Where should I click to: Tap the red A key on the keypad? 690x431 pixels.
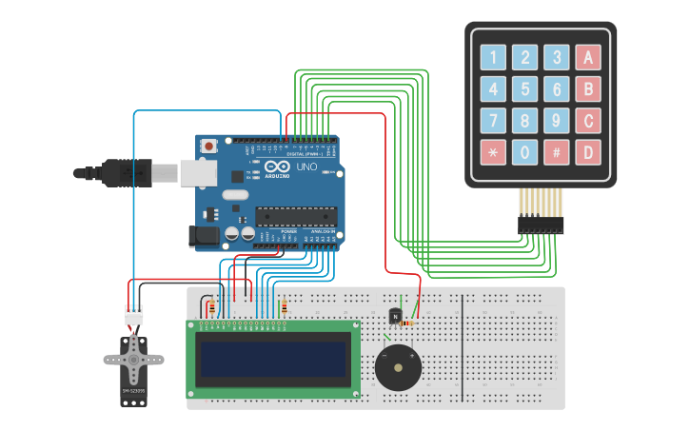pos(588,58)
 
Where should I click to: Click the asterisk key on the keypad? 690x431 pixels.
pos(493,152)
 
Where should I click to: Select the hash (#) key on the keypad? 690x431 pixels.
pos(557,152)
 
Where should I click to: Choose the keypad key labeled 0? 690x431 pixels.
pos(524,152)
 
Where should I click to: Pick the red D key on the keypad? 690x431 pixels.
pos(588,152)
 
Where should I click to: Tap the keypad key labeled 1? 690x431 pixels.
pos(493,58)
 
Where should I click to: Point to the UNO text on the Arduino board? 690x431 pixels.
pos(306,167)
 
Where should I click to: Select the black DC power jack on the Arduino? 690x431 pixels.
pos(205,235)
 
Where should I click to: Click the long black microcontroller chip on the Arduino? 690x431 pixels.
pos(296,217)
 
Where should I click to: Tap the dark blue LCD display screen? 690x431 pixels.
pos(272,359)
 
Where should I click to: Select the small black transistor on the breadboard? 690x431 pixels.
pos(396,315)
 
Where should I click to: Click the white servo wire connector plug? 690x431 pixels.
pos(134,314)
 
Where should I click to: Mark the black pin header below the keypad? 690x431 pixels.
pos(540,225)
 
